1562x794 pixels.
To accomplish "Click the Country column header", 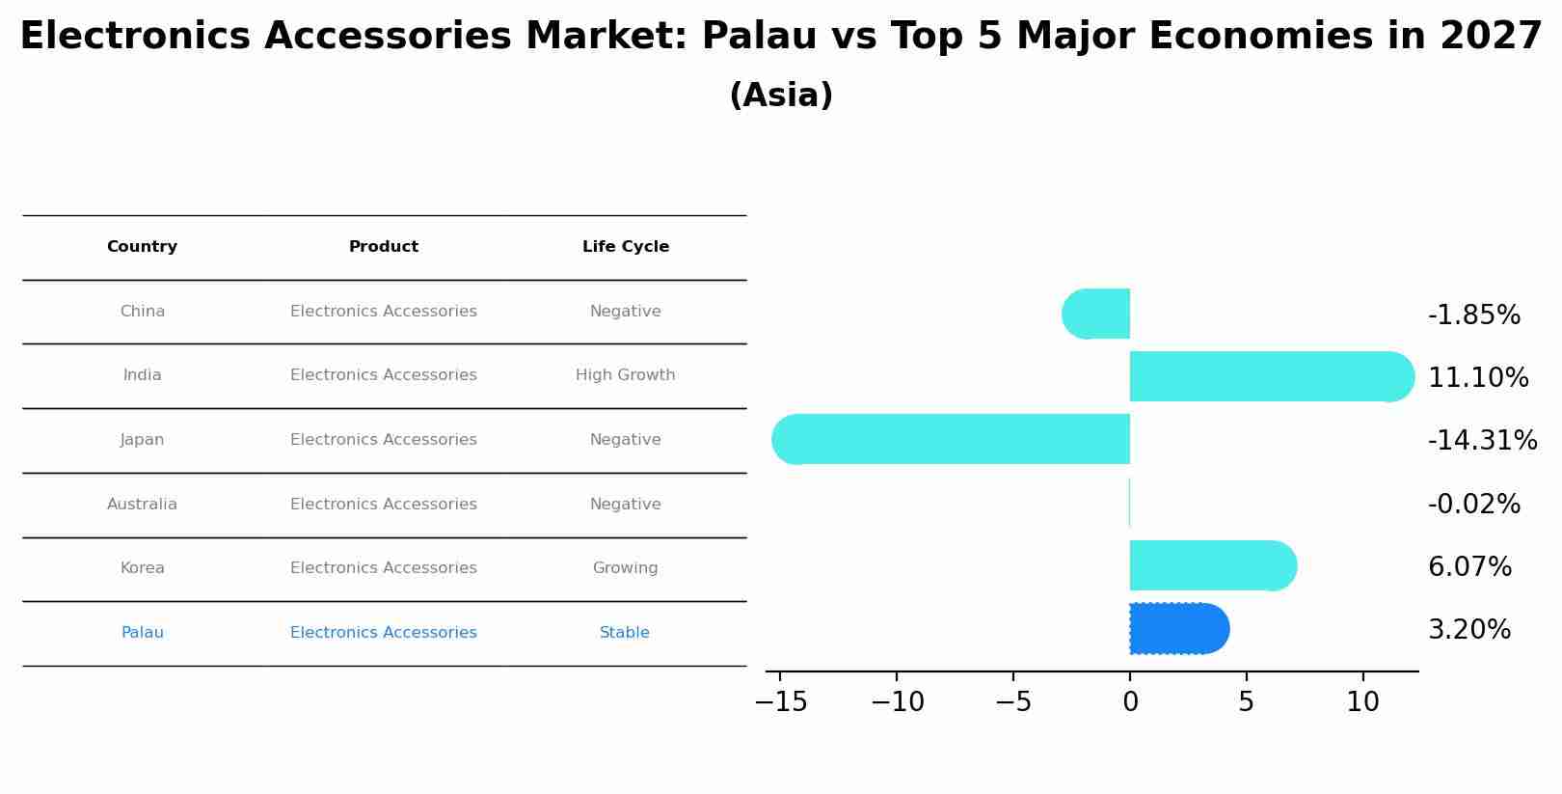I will pyautogui.click(x=142, y=247).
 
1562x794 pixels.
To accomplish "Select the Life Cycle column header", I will pyautogui.click(x=625, y=247).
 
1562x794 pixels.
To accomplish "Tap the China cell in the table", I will pyautogui.click(x=142, y=312).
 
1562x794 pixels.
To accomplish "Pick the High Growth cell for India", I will pyautogui.click(x=625, y=375).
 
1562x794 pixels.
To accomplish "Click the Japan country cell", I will pyautogui.click(x=142, y=440).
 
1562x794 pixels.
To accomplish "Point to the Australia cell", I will pyautogui.click(x=142, y=505).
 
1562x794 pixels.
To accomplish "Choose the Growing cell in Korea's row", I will pyautogui.click(x=625, y=568).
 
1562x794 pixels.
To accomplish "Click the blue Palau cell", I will pyautogui.click(x=142, y=633).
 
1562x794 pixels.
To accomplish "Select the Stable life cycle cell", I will pyautogui.click(x=624, y=633).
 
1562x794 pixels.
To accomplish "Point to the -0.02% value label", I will pyautogui.click(x=1473, y=505).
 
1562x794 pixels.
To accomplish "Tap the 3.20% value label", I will pyautogui.click(x=1468, y=630).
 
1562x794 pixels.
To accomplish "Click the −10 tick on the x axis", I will pyautogui.click(x=897, y=702).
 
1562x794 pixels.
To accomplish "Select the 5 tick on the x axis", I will pyautogui.click(x=1246, y=702).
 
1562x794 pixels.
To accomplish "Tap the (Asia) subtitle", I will pyautogui.click(x=781, y=96).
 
